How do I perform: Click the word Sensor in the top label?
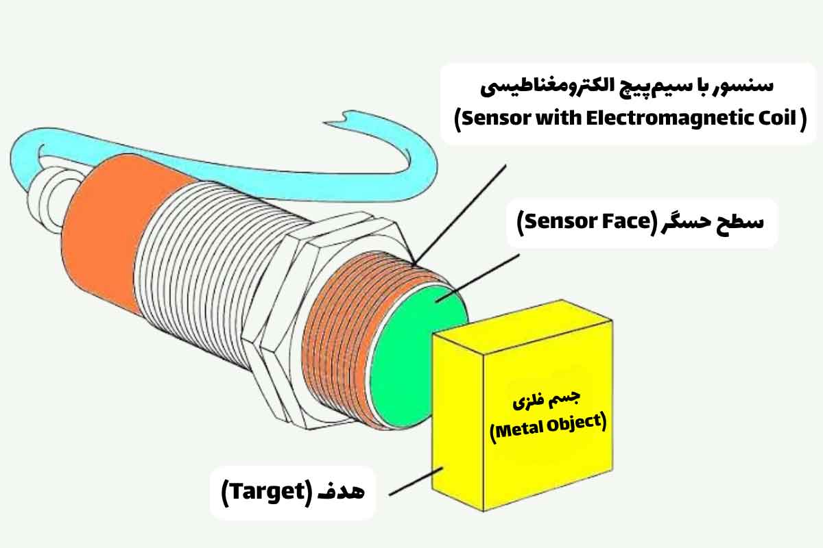(494, 119)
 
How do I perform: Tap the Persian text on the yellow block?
(547, 400)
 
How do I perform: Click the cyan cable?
(235, 176)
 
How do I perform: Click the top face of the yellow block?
(522, 327)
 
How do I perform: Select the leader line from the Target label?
(416, 481)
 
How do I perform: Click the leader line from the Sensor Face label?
(477, 278)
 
